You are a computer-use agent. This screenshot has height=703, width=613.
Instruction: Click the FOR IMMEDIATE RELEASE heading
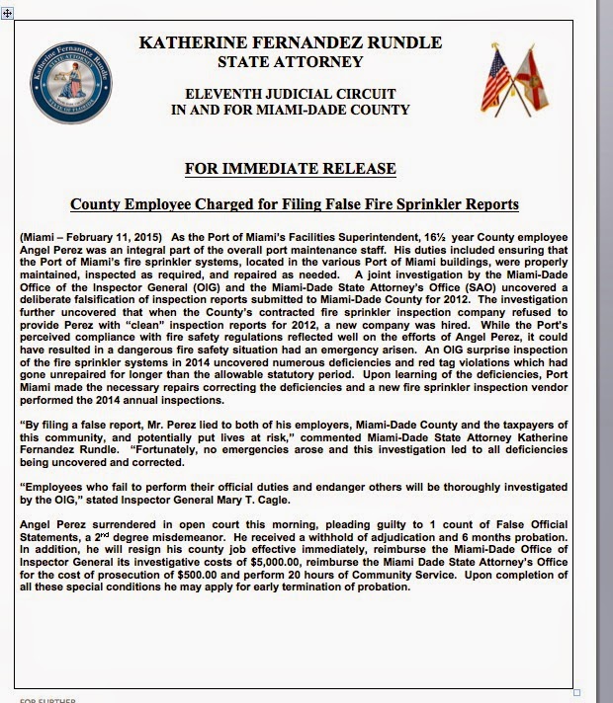coord(290,169)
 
